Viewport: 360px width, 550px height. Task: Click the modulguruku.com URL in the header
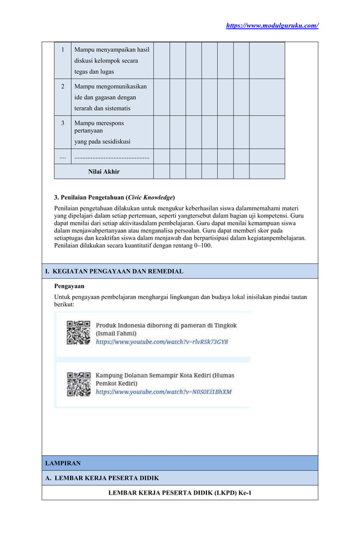tap(272, 25)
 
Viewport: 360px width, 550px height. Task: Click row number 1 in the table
tap(63, 50)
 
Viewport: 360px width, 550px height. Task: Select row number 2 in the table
tap(63, 86)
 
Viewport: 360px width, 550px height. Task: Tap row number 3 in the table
tap(63, 123)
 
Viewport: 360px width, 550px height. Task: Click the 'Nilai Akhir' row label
tap(104, 171)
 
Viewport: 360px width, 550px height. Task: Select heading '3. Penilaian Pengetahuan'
tap(114, 197)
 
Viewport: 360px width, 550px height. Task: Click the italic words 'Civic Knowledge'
tap(150, 197)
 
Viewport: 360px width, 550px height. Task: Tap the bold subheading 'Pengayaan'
tap(69, 286)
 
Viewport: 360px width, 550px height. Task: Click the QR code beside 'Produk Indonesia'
tap(78, 333)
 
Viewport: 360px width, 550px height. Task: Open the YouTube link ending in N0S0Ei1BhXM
tap(164, 391)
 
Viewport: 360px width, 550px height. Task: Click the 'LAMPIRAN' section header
tap(63, 463)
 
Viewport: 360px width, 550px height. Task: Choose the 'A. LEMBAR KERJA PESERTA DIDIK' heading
tap(102, 478)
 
